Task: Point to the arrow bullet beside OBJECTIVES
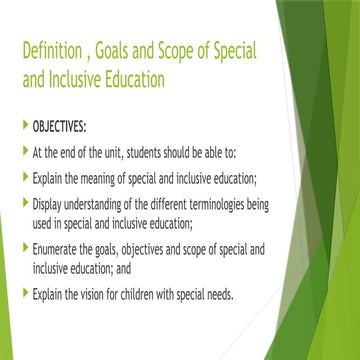tap(24, 129)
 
